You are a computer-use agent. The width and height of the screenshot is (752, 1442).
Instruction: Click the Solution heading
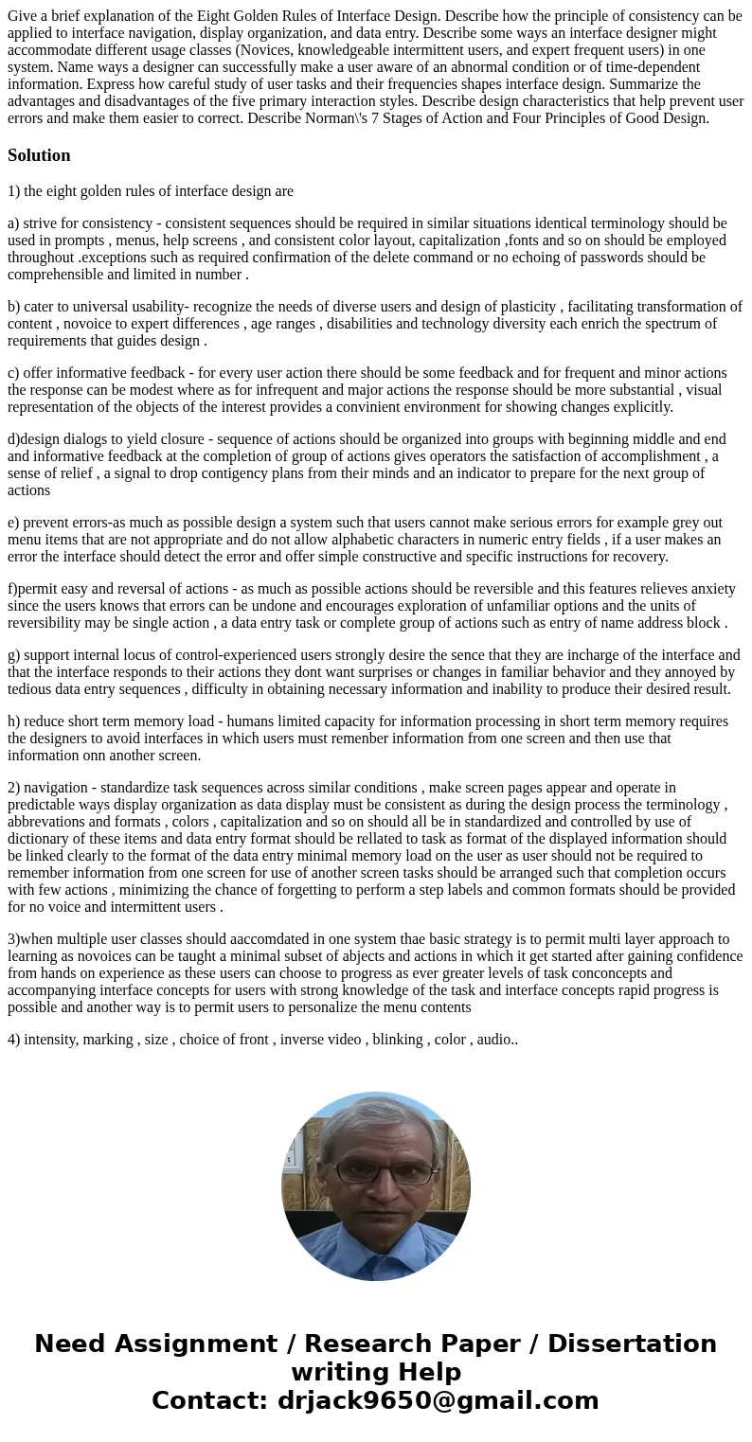click(x=39, y=155)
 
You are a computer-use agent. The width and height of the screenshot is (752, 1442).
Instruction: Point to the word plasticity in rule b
click(x=522, y=307)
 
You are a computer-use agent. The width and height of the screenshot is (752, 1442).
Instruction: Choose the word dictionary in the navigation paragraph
click(x=42, y=839)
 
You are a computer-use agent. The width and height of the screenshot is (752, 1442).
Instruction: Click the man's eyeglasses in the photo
click(x=378, y=1172)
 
